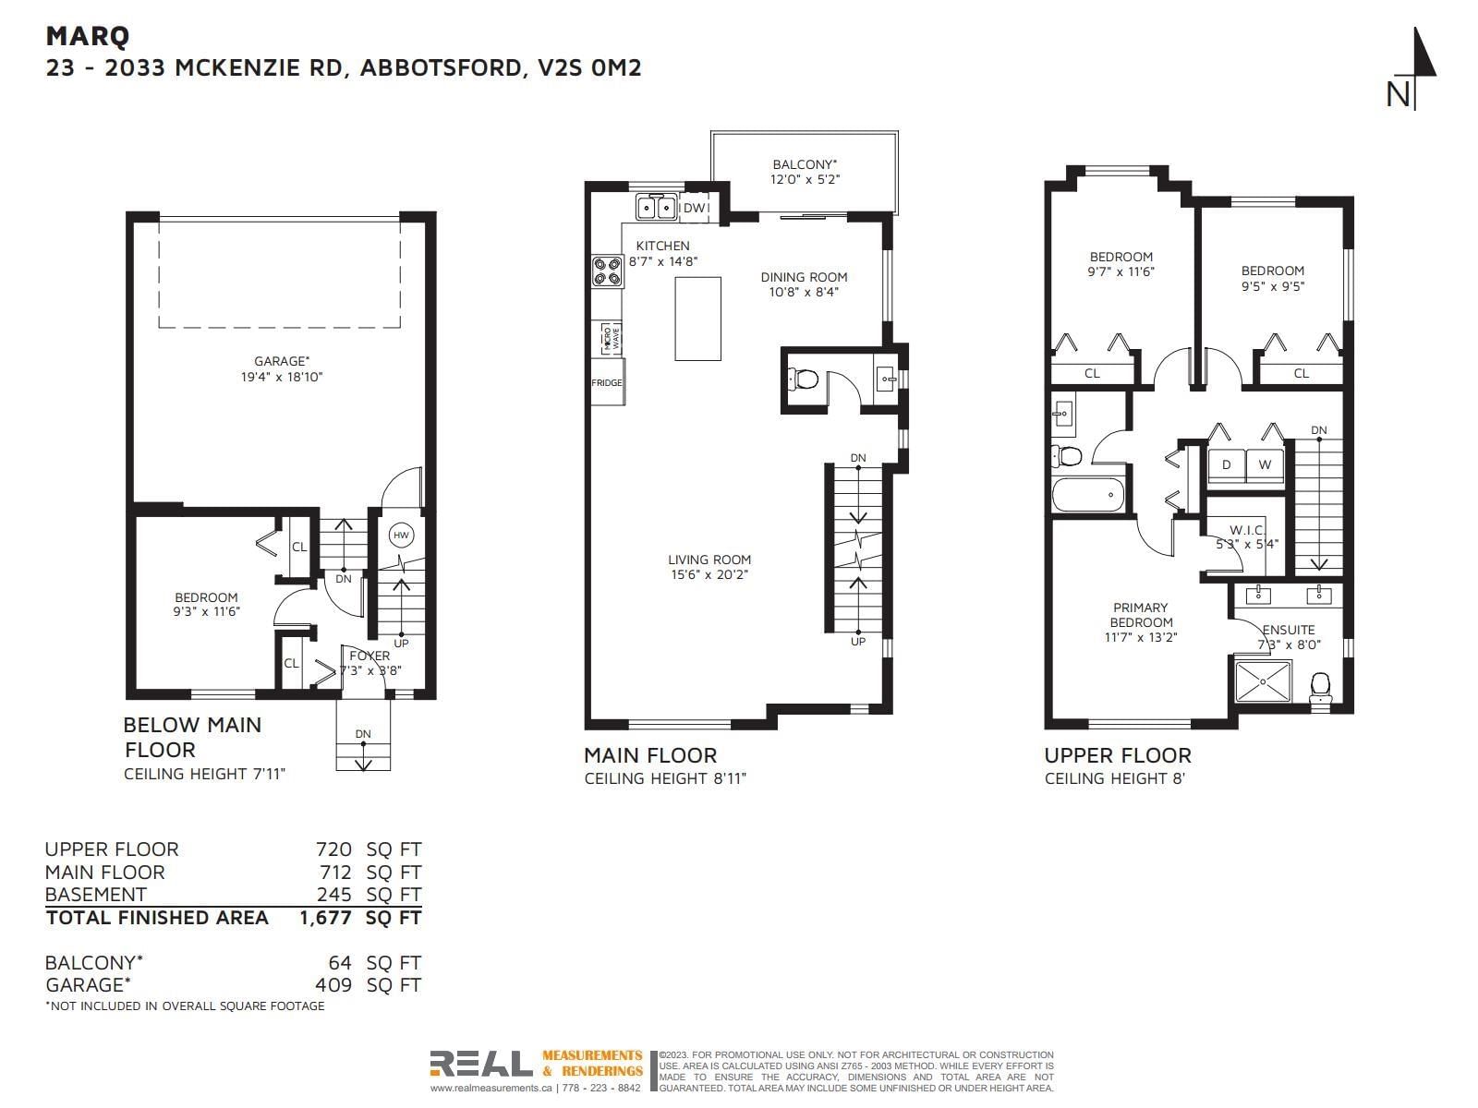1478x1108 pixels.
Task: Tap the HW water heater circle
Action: click(401, 535)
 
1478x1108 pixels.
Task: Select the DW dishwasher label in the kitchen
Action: click(694, 208)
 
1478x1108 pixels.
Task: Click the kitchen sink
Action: click(656, 207)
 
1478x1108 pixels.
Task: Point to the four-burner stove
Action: click(607, 271)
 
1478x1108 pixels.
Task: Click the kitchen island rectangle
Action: click(697, 319)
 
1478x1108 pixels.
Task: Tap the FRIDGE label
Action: click(607, 383)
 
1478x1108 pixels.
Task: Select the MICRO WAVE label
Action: click(612, 338)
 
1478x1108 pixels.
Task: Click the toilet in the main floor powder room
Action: click(803, 380)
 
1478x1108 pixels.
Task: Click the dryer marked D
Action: click(1226, 464)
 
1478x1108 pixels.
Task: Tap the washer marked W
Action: click(1265, 464)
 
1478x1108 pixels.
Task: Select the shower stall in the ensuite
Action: click(1263, 681)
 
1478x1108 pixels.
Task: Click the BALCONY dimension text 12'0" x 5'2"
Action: click(805, 180)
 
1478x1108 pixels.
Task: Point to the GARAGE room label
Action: click(282, 361)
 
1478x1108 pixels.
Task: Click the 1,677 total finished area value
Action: click(325, 918)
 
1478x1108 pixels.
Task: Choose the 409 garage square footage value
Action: click(333, 985)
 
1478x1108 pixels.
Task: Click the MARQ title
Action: click(88, 36)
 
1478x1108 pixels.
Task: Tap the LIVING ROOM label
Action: click(709, 559)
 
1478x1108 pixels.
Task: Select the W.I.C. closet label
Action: click(1247, 530)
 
